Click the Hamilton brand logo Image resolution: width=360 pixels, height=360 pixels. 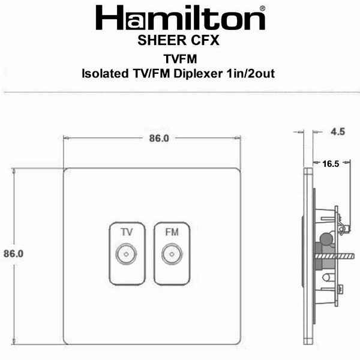pos(181,18)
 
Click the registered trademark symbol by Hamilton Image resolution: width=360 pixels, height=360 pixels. pos(262,9)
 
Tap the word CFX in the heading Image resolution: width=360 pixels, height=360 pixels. pos(205,40)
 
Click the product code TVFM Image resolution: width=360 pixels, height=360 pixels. pos(180,59)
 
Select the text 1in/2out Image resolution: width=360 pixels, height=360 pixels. pos(250,74)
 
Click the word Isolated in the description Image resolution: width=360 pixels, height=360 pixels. pos(105,74)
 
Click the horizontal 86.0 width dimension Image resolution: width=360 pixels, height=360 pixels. pos(159,138)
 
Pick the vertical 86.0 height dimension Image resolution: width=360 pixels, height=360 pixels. pos(14,253)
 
